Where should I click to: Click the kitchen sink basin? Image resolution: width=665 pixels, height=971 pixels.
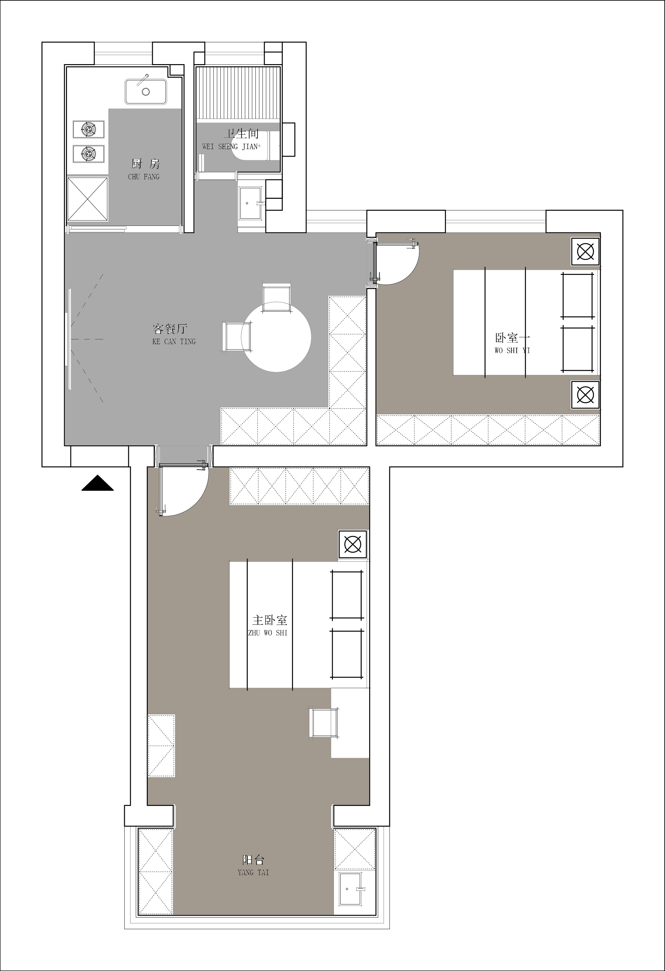tap(146, 92)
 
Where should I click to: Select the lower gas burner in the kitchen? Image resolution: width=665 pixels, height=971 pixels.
tap(88, 154)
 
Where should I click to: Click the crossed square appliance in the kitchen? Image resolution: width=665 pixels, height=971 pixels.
tap(88, 199)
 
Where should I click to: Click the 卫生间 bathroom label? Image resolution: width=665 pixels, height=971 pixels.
tap(241, 134)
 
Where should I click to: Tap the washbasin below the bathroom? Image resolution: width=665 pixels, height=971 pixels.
tap(251, 203)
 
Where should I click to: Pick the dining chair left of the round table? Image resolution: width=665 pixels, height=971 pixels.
tap(238, 337)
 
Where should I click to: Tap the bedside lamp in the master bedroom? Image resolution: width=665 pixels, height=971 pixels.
tap(353, 544)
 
